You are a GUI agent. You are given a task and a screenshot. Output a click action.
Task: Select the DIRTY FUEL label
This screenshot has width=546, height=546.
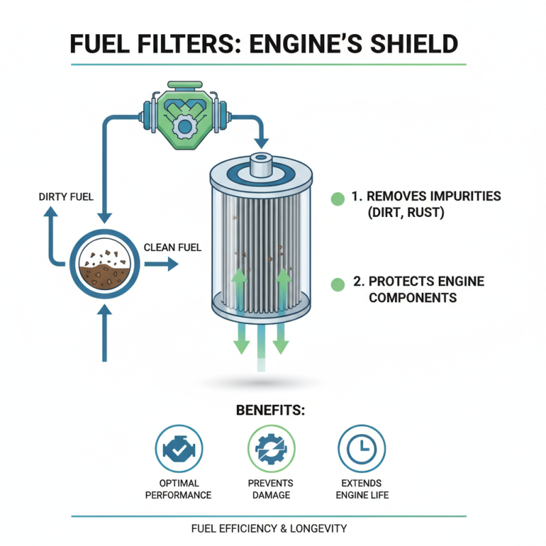click(x=66, y=197)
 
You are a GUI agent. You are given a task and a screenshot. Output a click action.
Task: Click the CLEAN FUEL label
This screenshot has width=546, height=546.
click(x=173, y=248)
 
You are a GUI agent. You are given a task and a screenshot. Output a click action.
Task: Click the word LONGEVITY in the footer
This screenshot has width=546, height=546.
click(x=317, y=528)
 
